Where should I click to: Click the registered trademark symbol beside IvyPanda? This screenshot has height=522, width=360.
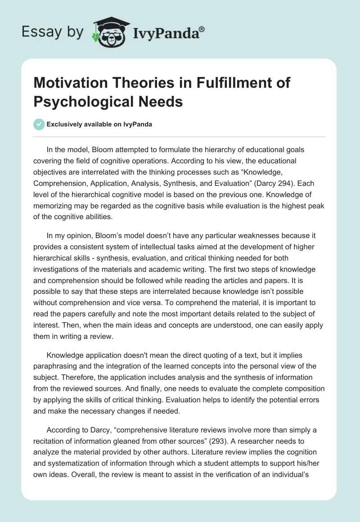pyautogui.click(x=202, y=29)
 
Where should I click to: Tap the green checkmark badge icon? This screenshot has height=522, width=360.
pyautogui.click(x=40, y=124)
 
